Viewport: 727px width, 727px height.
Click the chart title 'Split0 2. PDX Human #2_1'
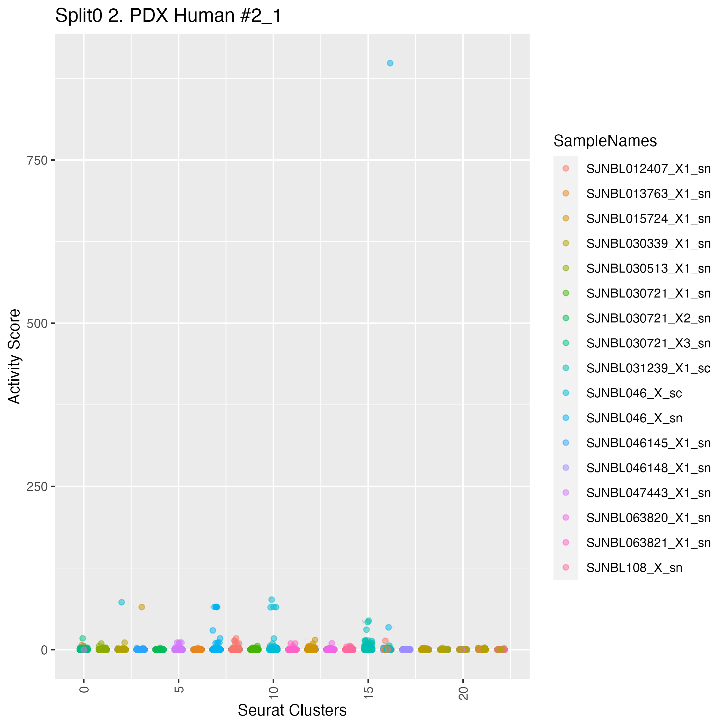coord(168,16)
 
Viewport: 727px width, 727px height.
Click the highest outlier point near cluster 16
coord(390,63)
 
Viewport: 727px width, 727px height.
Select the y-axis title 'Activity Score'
coord(15,356)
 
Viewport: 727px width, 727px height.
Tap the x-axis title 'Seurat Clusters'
coord(292,710)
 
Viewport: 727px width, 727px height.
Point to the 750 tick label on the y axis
coord(37,160)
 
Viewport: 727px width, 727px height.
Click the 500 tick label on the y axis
coord(37,323)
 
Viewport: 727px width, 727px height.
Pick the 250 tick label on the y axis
coord(37,487)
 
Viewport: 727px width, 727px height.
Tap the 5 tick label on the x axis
coord(179,690)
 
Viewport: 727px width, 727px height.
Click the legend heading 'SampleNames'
coord(605,141)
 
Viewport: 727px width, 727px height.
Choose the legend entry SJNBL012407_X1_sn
coord(648,169)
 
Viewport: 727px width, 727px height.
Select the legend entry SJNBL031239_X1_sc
coord(648,369)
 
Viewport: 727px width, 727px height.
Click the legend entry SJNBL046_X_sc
coord(634,393)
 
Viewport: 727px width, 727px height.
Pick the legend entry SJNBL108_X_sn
coord(634,568)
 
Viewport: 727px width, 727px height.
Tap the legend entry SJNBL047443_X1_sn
coord(648,493)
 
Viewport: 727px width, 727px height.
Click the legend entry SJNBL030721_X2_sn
coord(648,318)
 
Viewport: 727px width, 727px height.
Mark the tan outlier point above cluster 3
coord(142,607)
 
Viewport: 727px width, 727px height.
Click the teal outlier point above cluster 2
coord(122,602)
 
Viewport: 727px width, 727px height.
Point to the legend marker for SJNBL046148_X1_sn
coord(566,468)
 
